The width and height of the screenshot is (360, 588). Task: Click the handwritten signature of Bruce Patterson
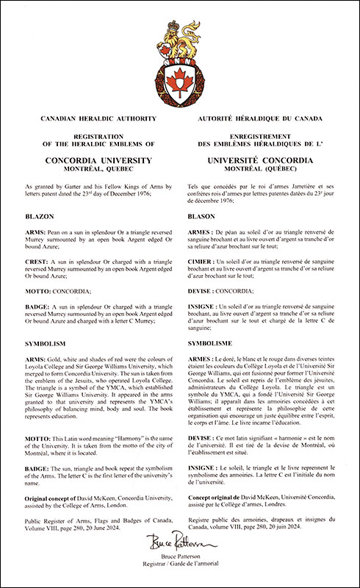pyautogui.click(x=180, y=545)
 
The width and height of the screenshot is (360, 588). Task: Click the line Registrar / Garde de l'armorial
pyautogui.click(x=180, y=567)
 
